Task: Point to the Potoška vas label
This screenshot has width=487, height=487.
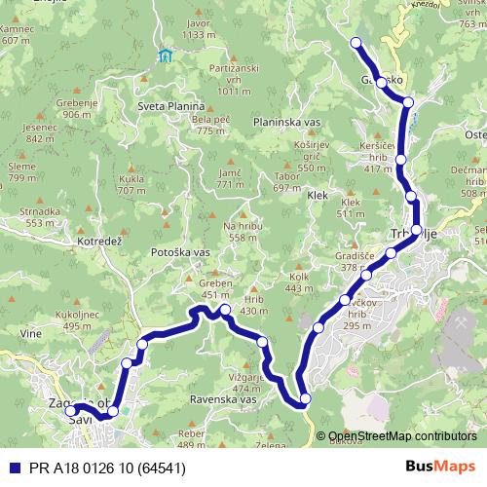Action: point(180,251)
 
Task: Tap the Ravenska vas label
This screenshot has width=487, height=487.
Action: point(223,399)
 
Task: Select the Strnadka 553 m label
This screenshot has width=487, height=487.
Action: point(40,216)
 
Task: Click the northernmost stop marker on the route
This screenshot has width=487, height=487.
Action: point(356,42)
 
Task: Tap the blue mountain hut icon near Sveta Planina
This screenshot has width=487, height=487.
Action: point(166,55)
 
